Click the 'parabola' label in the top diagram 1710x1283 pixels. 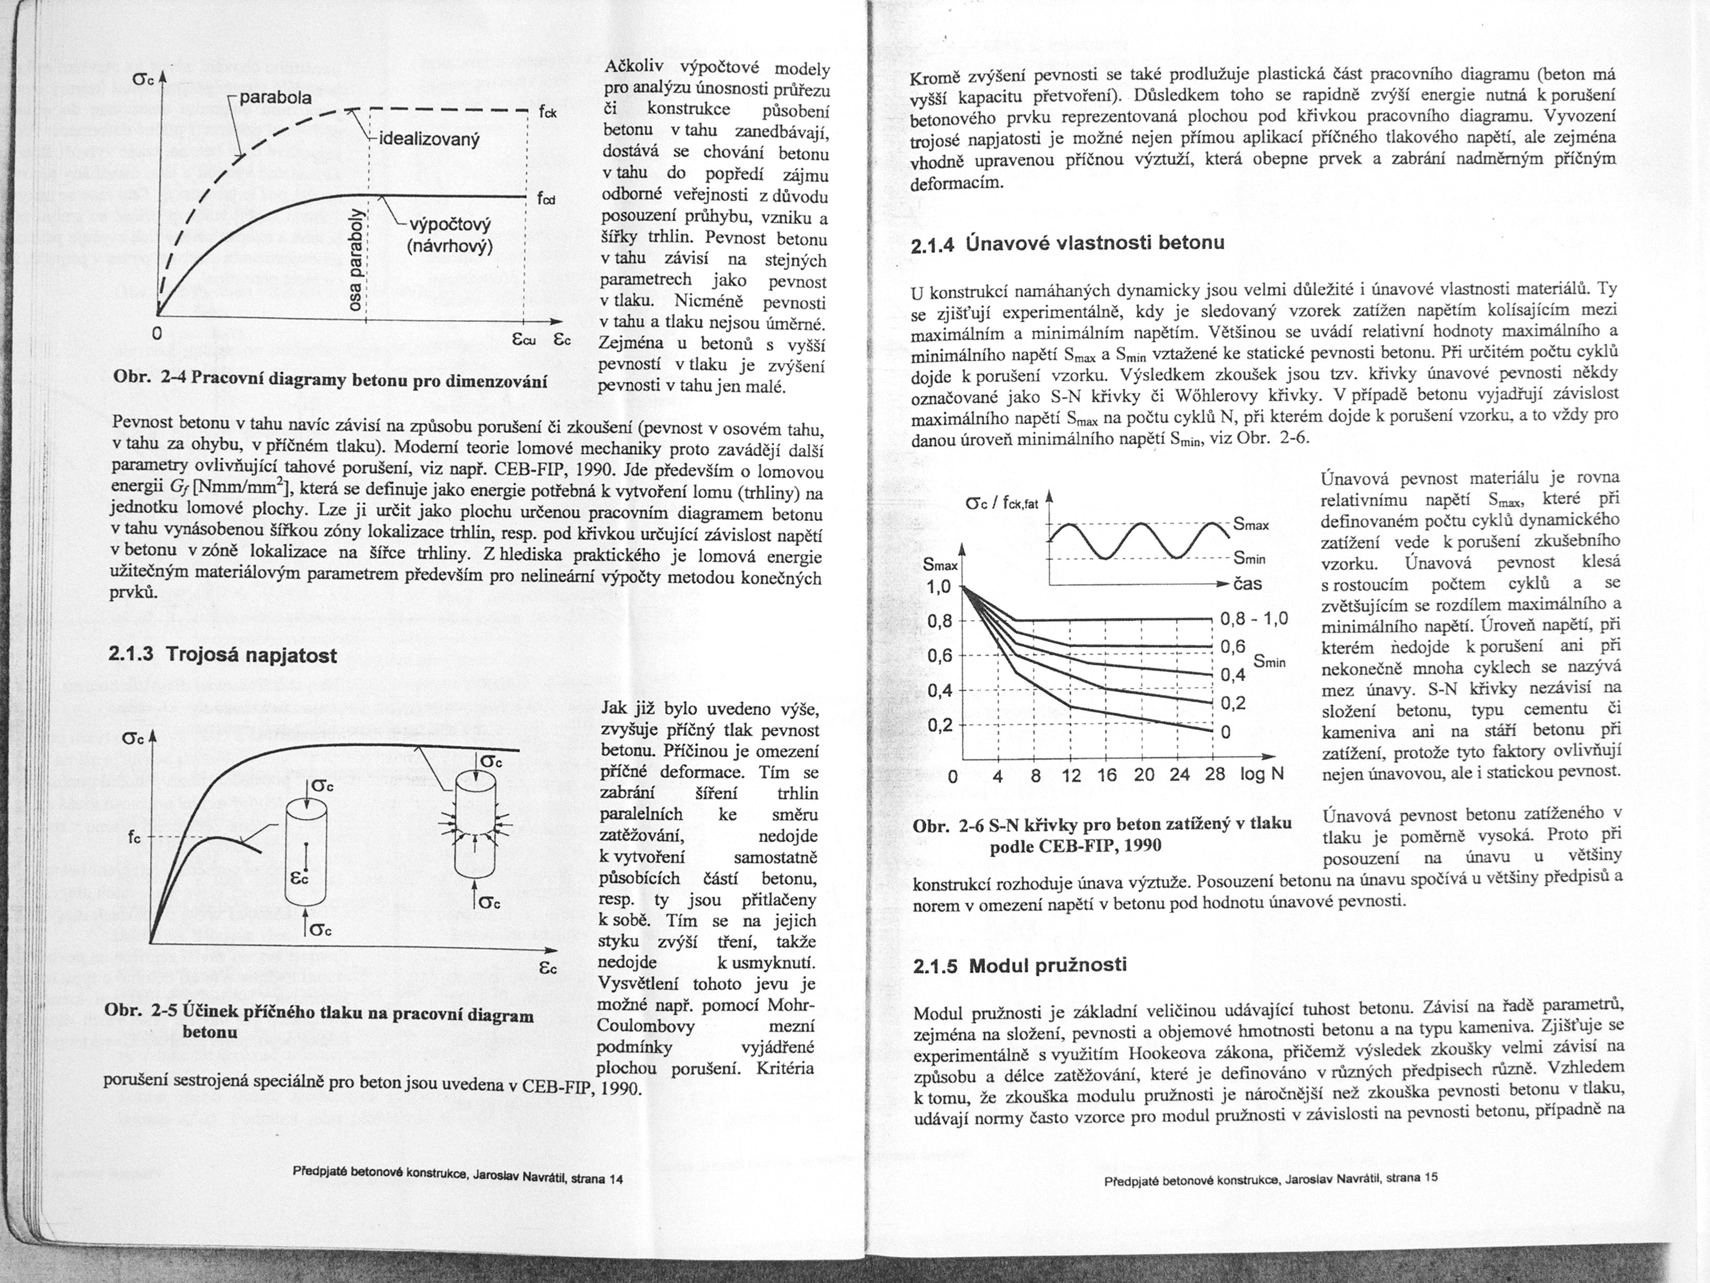[275, 98]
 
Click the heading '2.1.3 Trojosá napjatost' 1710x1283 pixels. [223, 655]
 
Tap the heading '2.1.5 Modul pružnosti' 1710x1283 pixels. [1020, 965]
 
